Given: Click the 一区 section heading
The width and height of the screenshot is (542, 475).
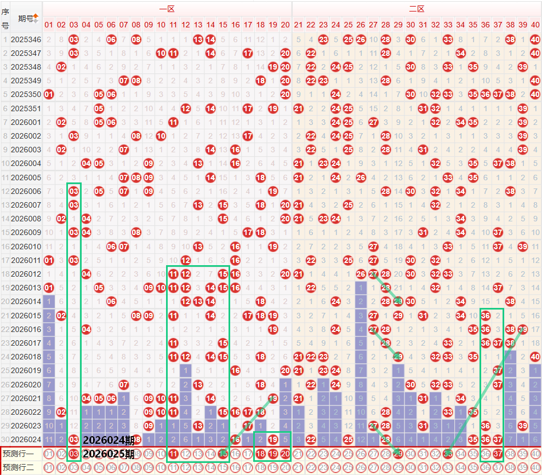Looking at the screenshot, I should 167,9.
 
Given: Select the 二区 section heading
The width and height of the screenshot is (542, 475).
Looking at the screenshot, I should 417,9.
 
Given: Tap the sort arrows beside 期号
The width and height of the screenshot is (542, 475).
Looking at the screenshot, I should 36,18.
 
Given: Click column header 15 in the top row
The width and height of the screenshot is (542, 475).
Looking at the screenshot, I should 223,25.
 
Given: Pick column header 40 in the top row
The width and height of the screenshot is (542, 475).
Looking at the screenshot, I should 535,25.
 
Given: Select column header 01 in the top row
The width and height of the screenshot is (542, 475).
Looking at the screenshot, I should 49,25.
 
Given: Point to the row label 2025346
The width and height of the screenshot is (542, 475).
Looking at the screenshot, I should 26,39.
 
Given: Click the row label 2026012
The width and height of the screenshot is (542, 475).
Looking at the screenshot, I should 26,273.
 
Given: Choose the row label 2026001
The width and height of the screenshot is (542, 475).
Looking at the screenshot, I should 26,122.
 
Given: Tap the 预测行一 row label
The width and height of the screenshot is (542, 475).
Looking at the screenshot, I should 18,454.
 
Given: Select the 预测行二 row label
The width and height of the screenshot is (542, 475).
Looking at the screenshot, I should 18,467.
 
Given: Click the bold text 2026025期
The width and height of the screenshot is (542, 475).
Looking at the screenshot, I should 109,454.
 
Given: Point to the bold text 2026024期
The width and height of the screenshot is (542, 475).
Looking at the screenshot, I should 109,440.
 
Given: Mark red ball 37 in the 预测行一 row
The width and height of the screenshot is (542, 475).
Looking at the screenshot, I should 498,454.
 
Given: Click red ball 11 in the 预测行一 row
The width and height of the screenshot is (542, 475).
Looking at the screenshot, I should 173,454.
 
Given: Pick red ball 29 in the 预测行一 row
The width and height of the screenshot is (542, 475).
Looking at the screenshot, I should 398,454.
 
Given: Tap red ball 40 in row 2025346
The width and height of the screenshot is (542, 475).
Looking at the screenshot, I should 535,39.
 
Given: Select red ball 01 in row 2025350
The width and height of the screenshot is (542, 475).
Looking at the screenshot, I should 49,94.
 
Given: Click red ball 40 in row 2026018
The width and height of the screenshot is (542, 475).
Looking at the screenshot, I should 535,356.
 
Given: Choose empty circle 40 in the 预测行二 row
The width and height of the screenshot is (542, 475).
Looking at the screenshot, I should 535,467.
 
